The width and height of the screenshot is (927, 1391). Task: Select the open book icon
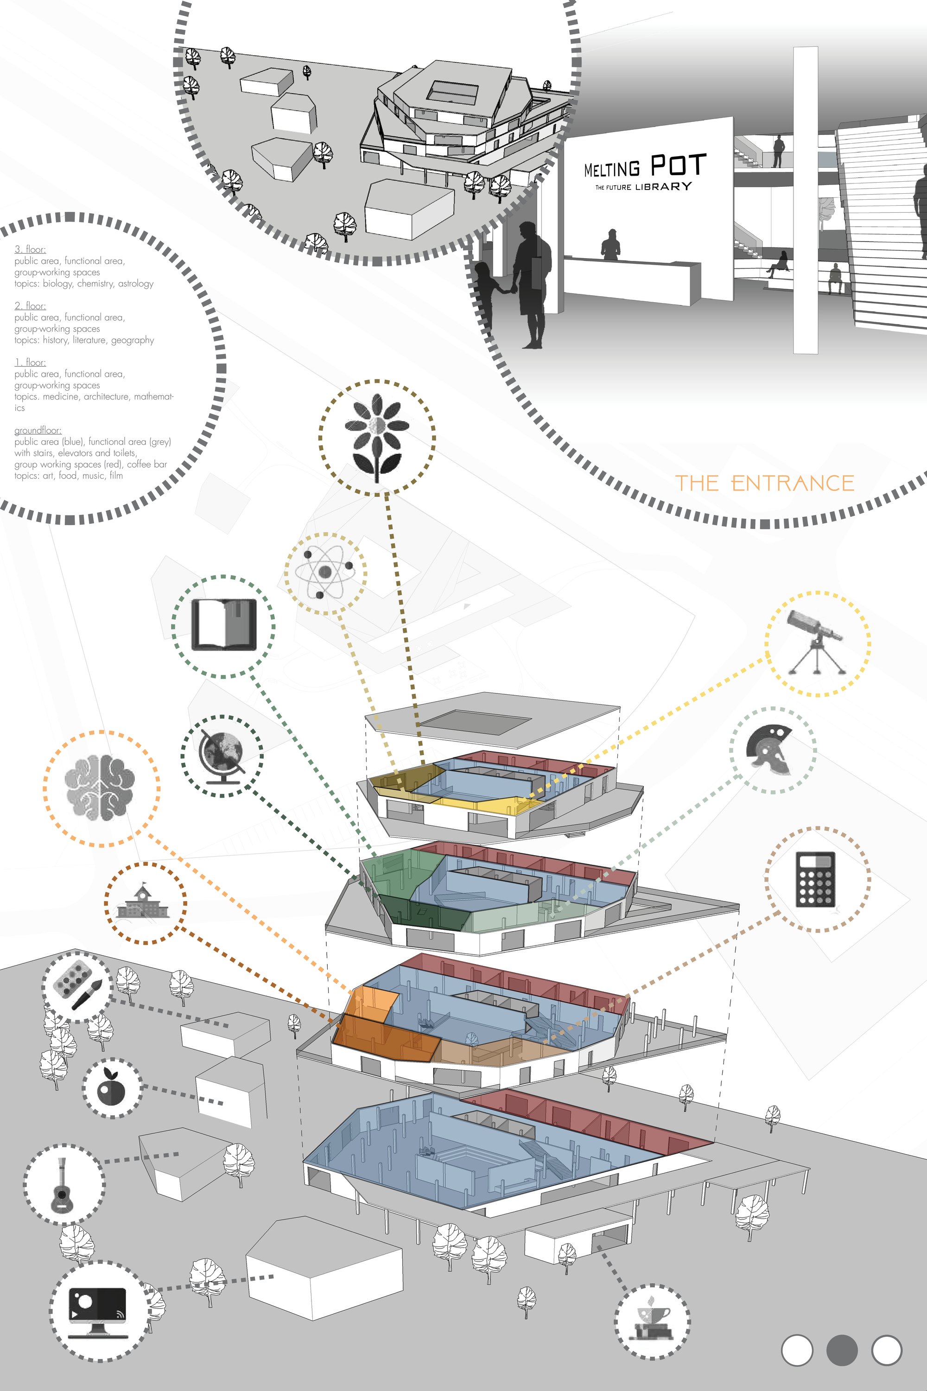point(224,624)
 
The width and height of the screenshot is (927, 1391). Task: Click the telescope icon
point(816,642)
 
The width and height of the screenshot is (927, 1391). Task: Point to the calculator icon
point(815,879)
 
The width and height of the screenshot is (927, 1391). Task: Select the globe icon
point(222,757)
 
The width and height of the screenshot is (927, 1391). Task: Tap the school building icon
point(143,901)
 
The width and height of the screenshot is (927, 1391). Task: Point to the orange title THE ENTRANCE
point(764,483)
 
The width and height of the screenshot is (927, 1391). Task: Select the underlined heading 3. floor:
point(30,249)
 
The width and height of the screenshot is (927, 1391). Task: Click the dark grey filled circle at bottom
point(841,1350)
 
